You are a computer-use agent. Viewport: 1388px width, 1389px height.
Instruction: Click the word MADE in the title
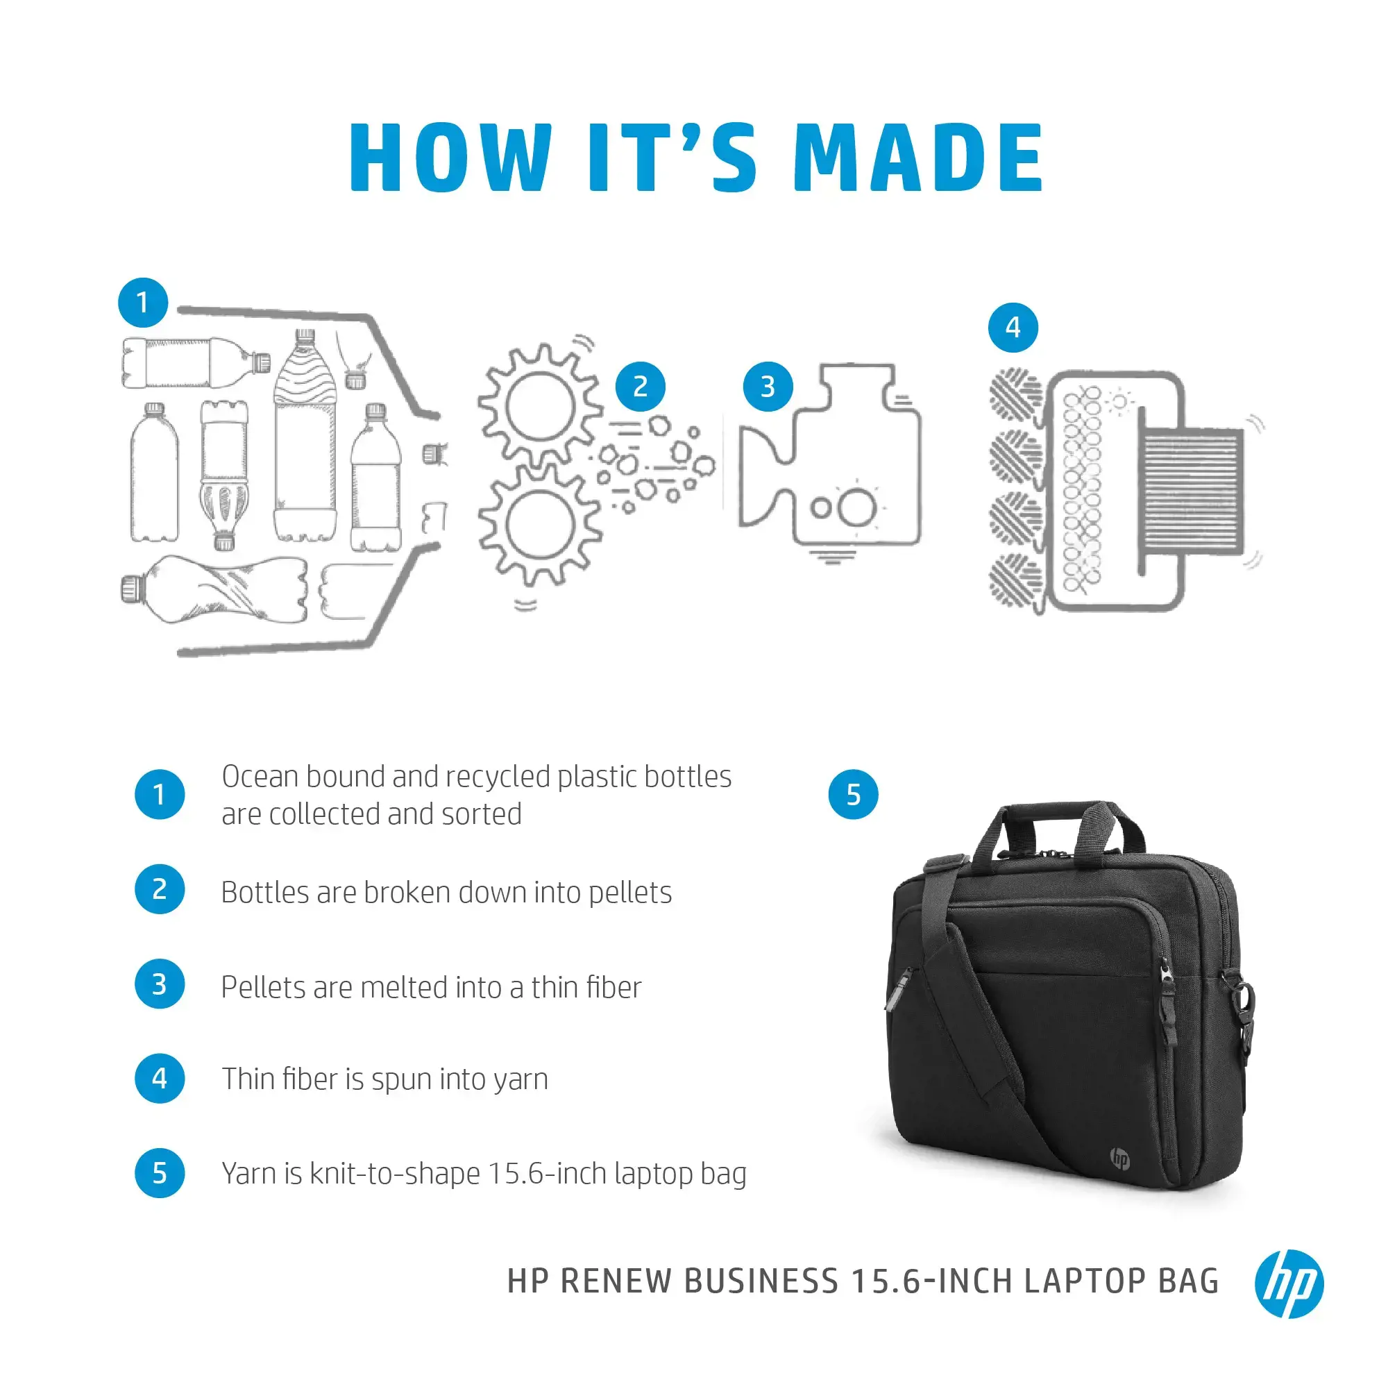[x=918, y=158]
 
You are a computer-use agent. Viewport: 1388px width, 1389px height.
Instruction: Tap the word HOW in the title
[x=450, y=158]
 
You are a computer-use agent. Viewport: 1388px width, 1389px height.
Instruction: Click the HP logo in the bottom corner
[x=1288, y=1283]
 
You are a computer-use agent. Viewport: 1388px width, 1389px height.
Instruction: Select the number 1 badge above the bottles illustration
[x=143, y=303]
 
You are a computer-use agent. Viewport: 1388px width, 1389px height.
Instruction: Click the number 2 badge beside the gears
[x=640, y=387]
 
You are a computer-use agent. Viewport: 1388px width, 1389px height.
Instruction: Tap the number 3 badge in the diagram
[x=767, y=387]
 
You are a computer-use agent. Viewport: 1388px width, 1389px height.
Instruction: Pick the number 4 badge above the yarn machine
[x=1012, y=328]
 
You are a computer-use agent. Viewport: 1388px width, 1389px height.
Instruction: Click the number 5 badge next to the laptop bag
[x=852, y=794]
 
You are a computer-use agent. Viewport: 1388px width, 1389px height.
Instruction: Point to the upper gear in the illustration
[x=539, y=407]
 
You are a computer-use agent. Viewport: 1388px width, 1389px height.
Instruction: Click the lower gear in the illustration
[x=539, y=524]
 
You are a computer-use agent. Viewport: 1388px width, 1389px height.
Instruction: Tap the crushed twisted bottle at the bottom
[x=216, y=589]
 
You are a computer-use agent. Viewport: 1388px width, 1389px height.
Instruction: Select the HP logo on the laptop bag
[x=1119, y=1159]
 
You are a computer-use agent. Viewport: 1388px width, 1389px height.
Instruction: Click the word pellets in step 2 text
[x=629, y=893]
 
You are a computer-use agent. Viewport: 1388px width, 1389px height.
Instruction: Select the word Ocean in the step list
[x=260, y=777]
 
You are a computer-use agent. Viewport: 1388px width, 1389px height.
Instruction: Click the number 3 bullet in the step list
[x=160, y=984]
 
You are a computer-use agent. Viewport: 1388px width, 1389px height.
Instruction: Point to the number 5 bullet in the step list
[x=160, y=1173]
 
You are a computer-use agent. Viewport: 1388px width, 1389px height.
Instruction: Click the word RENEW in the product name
[x=616, y=1282]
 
